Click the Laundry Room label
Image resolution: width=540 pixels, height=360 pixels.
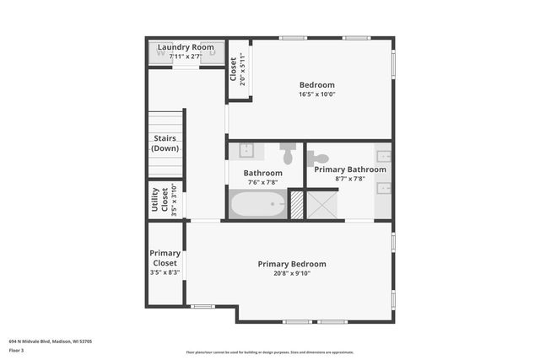coord(185,46)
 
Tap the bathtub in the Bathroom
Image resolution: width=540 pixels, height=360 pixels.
coord(257,204)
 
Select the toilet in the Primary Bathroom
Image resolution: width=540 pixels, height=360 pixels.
coord(319,158)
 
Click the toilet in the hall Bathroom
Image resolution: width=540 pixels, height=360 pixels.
coord(287,153)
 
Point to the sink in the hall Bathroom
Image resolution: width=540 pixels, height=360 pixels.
coord(246,152)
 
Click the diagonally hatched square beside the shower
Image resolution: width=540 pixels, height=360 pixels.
coord(296,205)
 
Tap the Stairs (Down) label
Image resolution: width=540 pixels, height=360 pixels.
coord(165,143)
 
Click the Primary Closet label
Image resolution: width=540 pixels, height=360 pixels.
coord(165,258)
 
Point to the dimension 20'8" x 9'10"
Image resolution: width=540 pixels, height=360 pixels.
coord(292,273)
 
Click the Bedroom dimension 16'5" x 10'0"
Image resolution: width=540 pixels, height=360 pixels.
coord(316,94)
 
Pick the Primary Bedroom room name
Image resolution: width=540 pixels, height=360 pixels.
coord(292,264)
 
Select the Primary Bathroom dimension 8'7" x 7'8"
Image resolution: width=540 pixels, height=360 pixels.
coord(349,179)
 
